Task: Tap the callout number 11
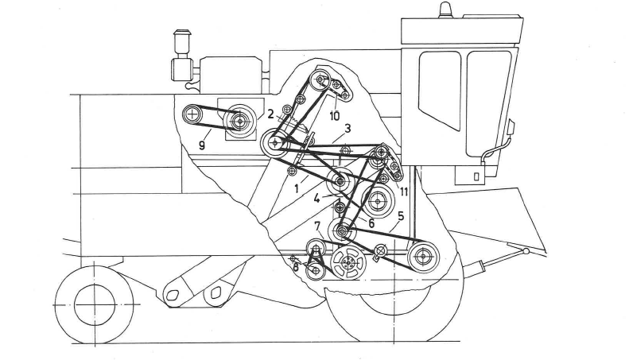(404, 192)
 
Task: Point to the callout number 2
(271, 114)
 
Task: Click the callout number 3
(348, 129)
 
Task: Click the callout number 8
(296, 268)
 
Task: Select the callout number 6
(371, 223)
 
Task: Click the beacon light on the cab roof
(443, 10)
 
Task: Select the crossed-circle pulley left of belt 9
(192, 114)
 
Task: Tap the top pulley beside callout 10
(321, 79)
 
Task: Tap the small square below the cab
(476, 176)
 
